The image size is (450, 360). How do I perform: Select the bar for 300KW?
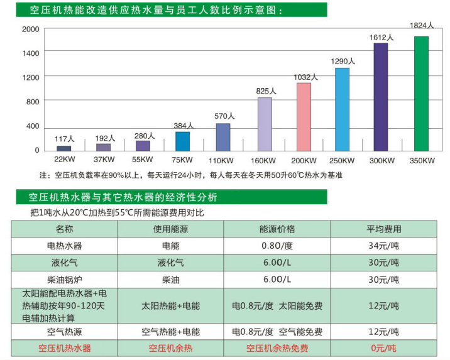click(381, 97)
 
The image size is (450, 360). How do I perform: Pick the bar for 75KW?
click(182, 141)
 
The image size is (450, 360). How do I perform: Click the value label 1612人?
click(381, 38)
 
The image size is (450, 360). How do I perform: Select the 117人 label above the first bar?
click(65, 139)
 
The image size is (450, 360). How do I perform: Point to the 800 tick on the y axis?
click(33, 102)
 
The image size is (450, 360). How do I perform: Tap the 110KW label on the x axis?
click(223, 160)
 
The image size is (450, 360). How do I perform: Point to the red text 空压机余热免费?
click(277, 348)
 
